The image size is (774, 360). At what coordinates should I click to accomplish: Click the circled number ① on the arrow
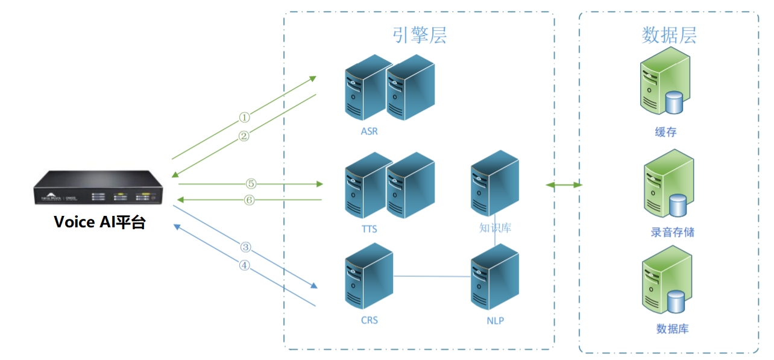coord(244,117)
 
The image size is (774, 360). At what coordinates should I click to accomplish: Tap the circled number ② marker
coord(244,136)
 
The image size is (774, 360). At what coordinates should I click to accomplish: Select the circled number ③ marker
coord(245,247)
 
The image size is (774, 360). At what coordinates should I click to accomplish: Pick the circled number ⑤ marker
coord(251,183)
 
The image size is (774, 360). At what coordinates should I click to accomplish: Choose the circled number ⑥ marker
coord(250,200)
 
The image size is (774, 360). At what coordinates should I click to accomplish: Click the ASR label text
coord(370,131)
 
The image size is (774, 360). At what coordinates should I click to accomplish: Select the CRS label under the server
coord(369,320)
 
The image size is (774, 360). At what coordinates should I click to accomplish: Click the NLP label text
coord(495,320)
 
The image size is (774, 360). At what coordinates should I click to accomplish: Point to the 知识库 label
coord(495,229)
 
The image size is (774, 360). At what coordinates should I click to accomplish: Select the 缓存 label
coord(665,132)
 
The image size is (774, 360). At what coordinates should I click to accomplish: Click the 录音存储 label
coord(672,232)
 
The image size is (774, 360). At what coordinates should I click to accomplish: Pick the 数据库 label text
coord(672,329)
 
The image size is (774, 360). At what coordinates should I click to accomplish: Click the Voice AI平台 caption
coord(99,222)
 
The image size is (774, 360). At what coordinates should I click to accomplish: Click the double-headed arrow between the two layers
coord(564,185)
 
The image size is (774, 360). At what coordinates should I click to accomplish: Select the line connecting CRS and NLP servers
coord(432,276)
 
